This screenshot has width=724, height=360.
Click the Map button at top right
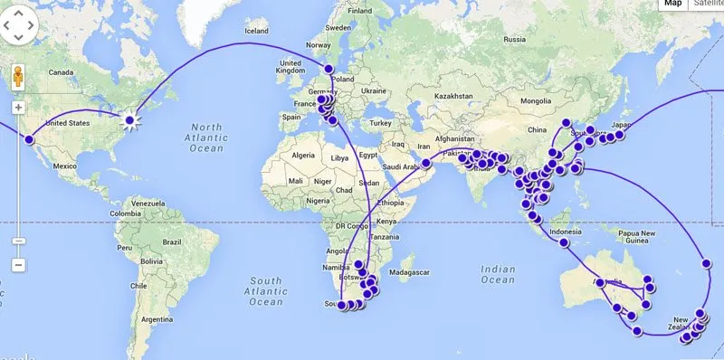coord(672,5)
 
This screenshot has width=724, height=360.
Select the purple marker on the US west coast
coord(29,139)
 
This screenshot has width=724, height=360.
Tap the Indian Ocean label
coord(497,275)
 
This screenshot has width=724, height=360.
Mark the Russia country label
coord(514,39)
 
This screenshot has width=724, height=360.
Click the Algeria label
coord(300,156)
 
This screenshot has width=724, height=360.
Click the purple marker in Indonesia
coord(565,242)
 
